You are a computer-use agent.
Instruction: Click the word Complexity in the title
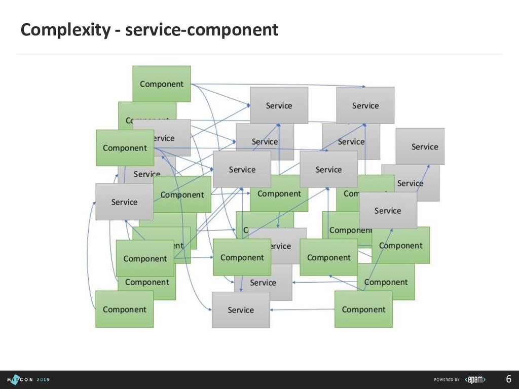tap(64, 30)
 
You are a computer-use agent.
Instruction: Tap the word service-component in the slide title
tap(202, 30)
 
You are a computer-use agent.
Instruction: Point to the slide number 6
tap(508, 379)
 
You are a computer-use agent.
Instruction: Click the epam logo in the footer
tap(476, 380)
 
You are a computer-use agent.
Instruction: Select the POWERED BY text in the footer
tap(447, 380)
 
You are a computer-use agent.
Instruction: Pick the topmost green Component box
tap(162, 84)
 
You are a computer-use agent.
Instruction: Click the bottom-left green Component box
tap(124, 309)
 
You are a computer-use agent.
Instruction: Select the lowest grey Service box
tap(241, 310)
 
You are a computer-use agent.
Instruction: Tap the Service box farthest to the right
tap(421, 146)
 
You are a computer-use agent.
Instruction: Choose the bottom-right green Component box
tap(363, 309)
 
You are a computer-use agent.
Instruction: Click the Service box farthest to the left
tap(124, 202)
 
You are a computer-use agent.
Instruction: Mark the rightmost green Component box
tap(401, 246)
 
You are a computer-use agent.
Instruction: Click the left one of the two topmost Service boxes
tap(279, 105)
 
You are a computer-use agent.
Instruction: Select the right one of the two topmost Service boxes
tap(365, 105)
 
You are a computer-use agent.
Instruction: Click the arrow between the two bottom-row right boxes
tap(302, 309)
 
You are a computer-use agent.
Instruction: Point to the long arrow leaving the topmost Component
tap(279, 85)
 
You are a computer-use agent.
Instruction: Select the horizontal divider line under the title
tap(259, 53)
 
